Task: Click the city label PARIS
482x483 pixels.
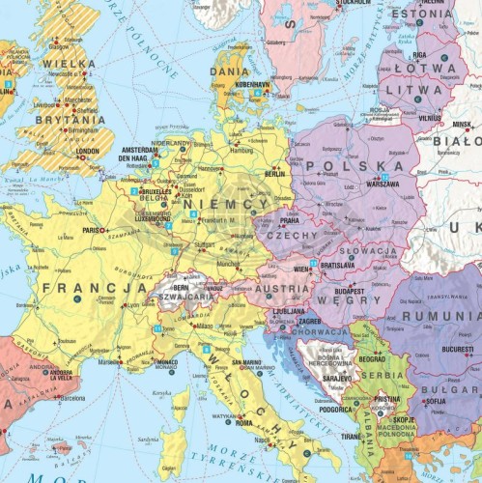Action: (x=93, y=231)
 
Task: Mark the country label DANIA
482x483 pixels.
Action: (x=229, y=71)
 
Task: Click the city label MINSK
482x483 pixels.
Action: (x=462, y=125)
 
